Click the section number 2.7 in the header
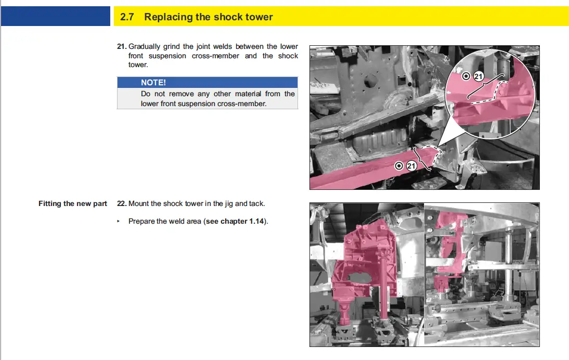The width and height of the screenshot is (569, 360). pyautogui.click(x=127, y=17)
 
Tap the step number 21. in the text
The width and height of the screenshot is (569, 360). pyautogui.click(x=122, y=46)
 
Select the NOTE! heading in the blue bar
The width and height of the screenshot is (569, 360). pyautogui.click(x=153, y=82)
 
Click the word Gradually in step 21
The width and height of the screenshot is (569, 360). pyautogui.click(x=144, y=47)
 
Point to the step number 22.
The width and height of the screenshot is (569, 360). pyautogui.click(x=122, y=203)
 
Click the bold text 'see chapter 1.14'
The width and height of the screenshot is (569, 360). pyautogui.click(x=235, y=221)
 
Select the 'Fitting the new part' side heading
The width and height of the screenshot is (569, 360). pyautogui.click(x=73, y=203)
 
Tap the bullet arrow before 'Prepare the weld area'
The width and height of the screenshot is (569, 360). pyautogui.click(x=118, y=221)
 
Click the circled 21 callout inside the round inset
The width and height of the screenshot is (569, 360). pyautogui.click(x=479, y=76)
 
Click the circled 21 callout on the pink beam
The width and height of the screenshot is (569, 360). pyautogui.click(x=411, y=166)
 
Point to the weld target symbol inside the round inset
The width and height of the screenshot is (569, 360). pyautogui.click(x=466, y=76)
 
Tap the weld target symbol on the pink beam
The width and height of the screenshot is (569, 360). pyautogui.click(x=399, y=166)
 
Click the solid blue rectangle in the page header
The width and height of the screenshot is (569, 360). pyautogui.click(x=56, y=16)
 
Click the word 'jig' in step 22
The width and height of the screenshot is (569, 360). pyautogui.click(x=229, y=204)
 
